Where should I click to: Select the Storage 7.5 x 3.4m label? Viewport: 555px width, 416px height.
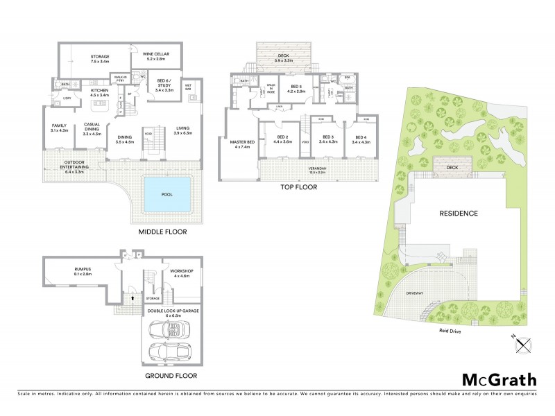pos(101,58)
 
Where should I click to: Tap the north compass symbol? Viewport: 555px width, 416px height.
pos(520,340)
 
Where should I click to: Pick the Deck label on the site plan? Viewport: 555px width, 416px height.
pos(453,166)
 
